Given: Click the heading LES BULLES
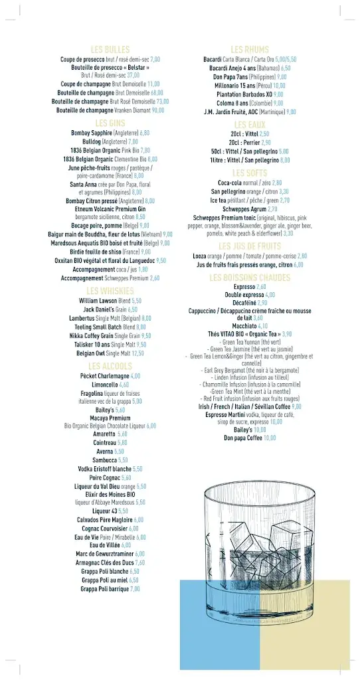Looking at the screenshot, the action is (x=110, y=50).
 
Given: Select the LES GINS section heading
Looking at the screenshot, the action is (x=110, y=124).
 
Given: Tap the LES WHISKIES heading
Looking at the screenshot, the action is (x=110, y=291).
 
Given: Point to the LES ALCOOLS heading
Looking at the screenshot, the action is (x=110, y=367).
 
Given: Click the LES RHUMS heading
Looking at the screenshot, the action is (x=250, y=50).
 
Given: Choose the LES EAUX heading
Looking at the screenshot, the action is (x=250, y=125).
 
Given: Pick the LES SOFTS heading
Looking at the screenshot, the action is (x=250, y=173).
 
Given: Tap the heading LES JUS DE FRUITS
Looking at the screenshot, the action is (x=250, y=246).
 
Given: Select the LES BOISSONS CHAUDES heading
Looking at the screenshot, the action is (x=250, y=278).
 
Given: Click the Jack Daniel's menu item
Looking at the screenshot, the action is (x=110, y=309).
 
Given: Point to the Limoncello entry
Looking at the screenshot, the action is (x=110, y=384).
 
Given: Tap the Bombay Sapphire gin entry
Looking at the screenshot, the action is (x=110, y=133).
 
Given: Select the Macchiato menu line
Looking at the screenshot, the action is (x=250, y=326).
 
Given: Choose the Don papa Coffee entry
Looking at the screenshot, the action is (x=250, y=438).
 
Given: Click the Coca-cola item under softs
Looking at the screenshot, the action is (x=250, y=183).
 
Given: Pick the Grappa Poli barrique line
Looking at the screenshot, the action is (x=110, y=588).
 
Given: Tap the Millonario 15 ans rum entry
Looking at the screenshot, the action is (x=250, y=86).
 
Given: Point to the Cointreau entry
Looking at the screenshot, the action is (x=110, y=442).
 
